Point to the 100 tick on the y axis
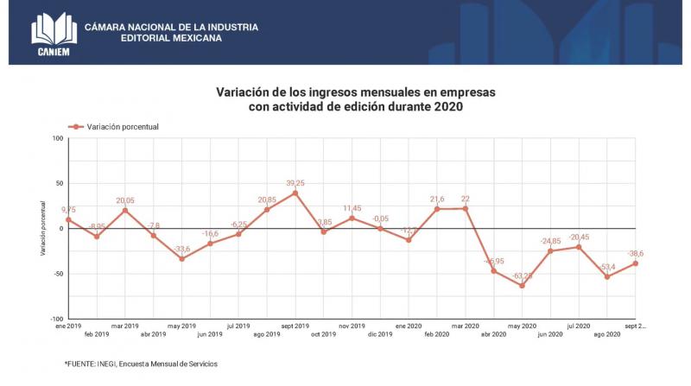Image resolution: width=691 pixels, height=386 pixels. (58, 138)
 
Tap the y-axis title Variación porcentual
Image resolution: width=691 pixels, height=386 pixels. (41, 228)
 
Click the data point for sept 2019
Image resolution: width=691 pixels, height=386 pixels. (295, 193)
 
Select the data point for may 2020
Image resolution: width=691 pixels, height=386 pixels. (523, 286)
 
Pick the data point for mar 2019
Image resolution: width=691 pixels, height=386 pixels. (125, 210)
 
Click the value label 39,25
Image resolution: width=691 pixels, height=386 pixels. (295, 183)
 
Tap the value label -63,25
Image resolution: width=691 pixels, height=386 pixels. (522, 276)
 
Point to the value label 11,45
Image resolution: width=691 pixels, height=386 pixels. (352, 208)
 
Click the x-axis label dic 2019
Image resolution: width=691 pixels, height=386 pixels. (380, 333)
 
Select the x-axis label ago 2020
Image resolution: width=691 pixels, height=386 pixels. (607, 333)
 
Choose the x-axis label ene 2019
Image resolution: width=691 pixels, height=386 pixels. (67, 326)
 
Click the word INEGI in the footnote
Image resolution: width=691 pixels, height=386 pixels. (109, 364)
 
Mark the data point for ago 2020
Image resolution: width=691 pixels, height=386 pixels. (607, 276)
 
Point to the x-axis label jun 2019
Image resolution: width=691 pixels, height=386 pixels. (210, 333)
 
